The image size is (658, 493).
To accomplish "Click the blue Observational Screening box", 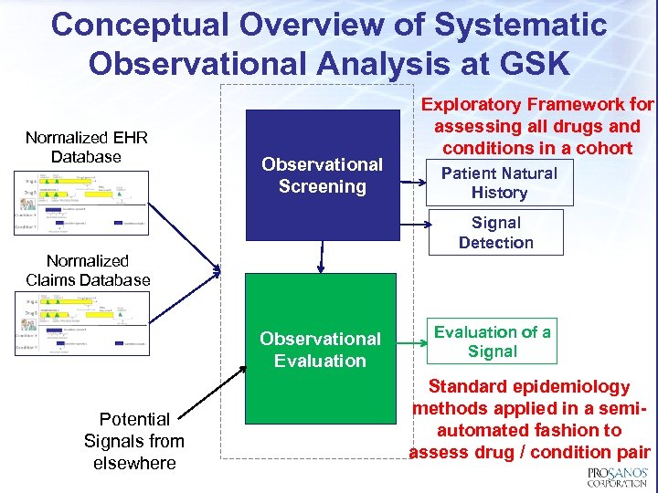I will (x=322, y=175).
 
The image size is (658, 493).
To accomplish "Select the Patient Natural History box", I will (x=499, y=183).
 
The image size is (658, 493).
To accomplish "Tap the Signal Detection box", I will (x=495, y=233).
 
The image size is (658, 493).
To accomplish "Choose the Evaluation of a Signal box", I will (x=492, y=341).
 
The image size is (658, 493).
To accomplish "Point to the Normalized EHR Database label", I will (x=87, y=147).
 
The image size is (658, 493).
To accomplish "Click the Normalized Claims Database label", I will (x=88, y=270).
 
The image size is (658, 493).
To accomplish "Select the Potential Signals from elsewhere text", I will (x=134, y=441).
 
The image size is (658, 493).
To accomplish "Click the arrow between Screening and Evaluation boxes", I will (x=321, y=257).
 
